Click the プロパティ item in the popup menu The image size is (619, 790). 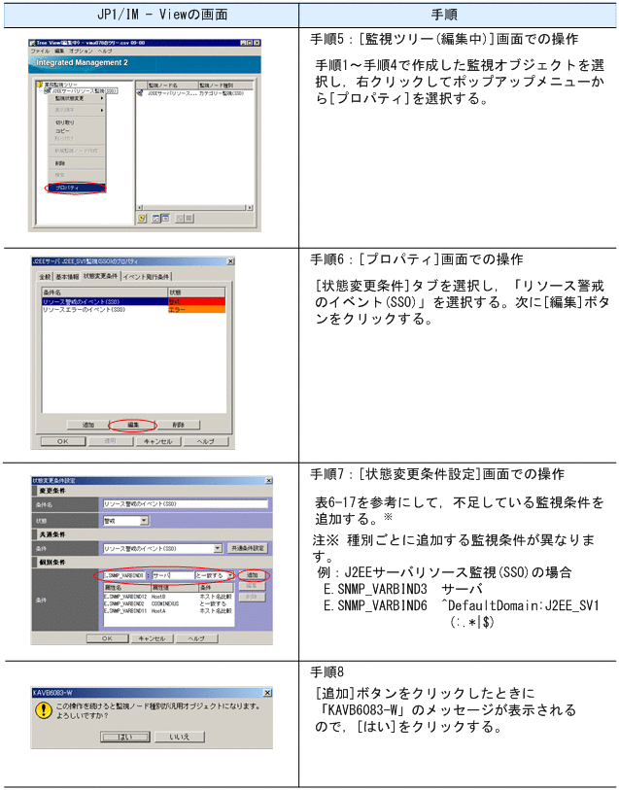(67, 187)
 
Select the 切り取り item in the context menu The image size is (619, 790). (64, 122)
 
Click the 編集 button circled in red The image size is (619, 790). (133, 425)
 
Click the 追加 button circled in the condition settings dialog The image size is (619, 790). (253, 576)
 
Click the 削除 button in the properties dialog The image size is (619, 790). (178, 425)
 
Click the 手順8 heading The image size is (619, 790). (327, 671)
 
